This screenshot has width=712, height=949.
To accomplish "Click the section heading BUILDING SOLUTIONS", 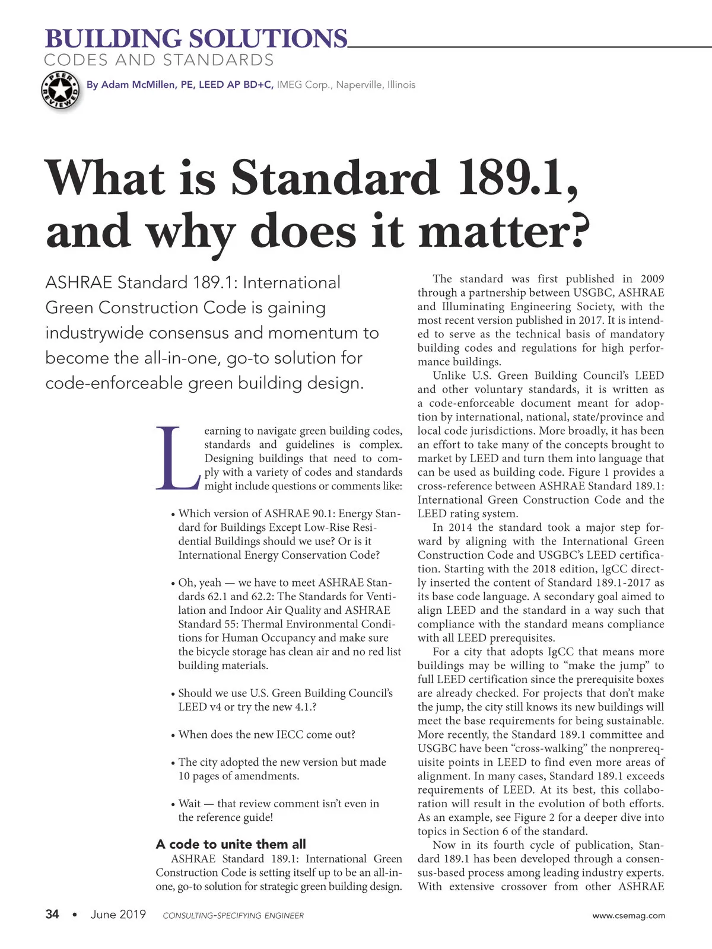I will click(196, 39).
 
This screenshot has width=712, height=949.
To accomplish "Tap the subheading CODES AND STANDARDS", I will click(159, 60).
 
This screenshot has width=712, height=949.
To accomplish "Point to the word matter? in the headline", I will click(504, 231).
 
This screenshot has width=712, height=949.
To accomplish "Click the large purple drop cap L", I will click(176, 458).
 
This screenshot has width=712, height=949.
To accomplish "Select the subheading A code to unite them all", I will click(231, 844).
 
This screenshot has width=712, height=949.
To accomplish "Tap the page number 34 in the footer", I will click(52, 915).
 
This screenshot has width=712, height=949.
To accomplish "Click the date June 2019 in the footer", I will click(118, 915).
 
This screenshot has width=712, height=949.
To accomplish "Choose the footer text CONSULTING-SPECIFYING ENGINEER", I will click(233, 916).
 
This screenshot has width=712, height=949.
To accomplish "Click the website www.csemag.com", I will click(629, 916).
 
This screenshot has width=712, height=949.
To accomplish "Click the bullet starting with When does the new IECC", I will click(266, 735).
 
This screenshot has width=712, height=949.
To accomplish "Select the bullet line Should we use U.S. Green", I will click(285, 693).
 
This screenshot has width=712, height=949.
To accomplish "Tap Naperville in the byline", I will click(360, 85).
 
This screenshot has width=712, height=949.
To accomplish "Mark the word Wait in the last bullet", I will click(189, 804).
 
